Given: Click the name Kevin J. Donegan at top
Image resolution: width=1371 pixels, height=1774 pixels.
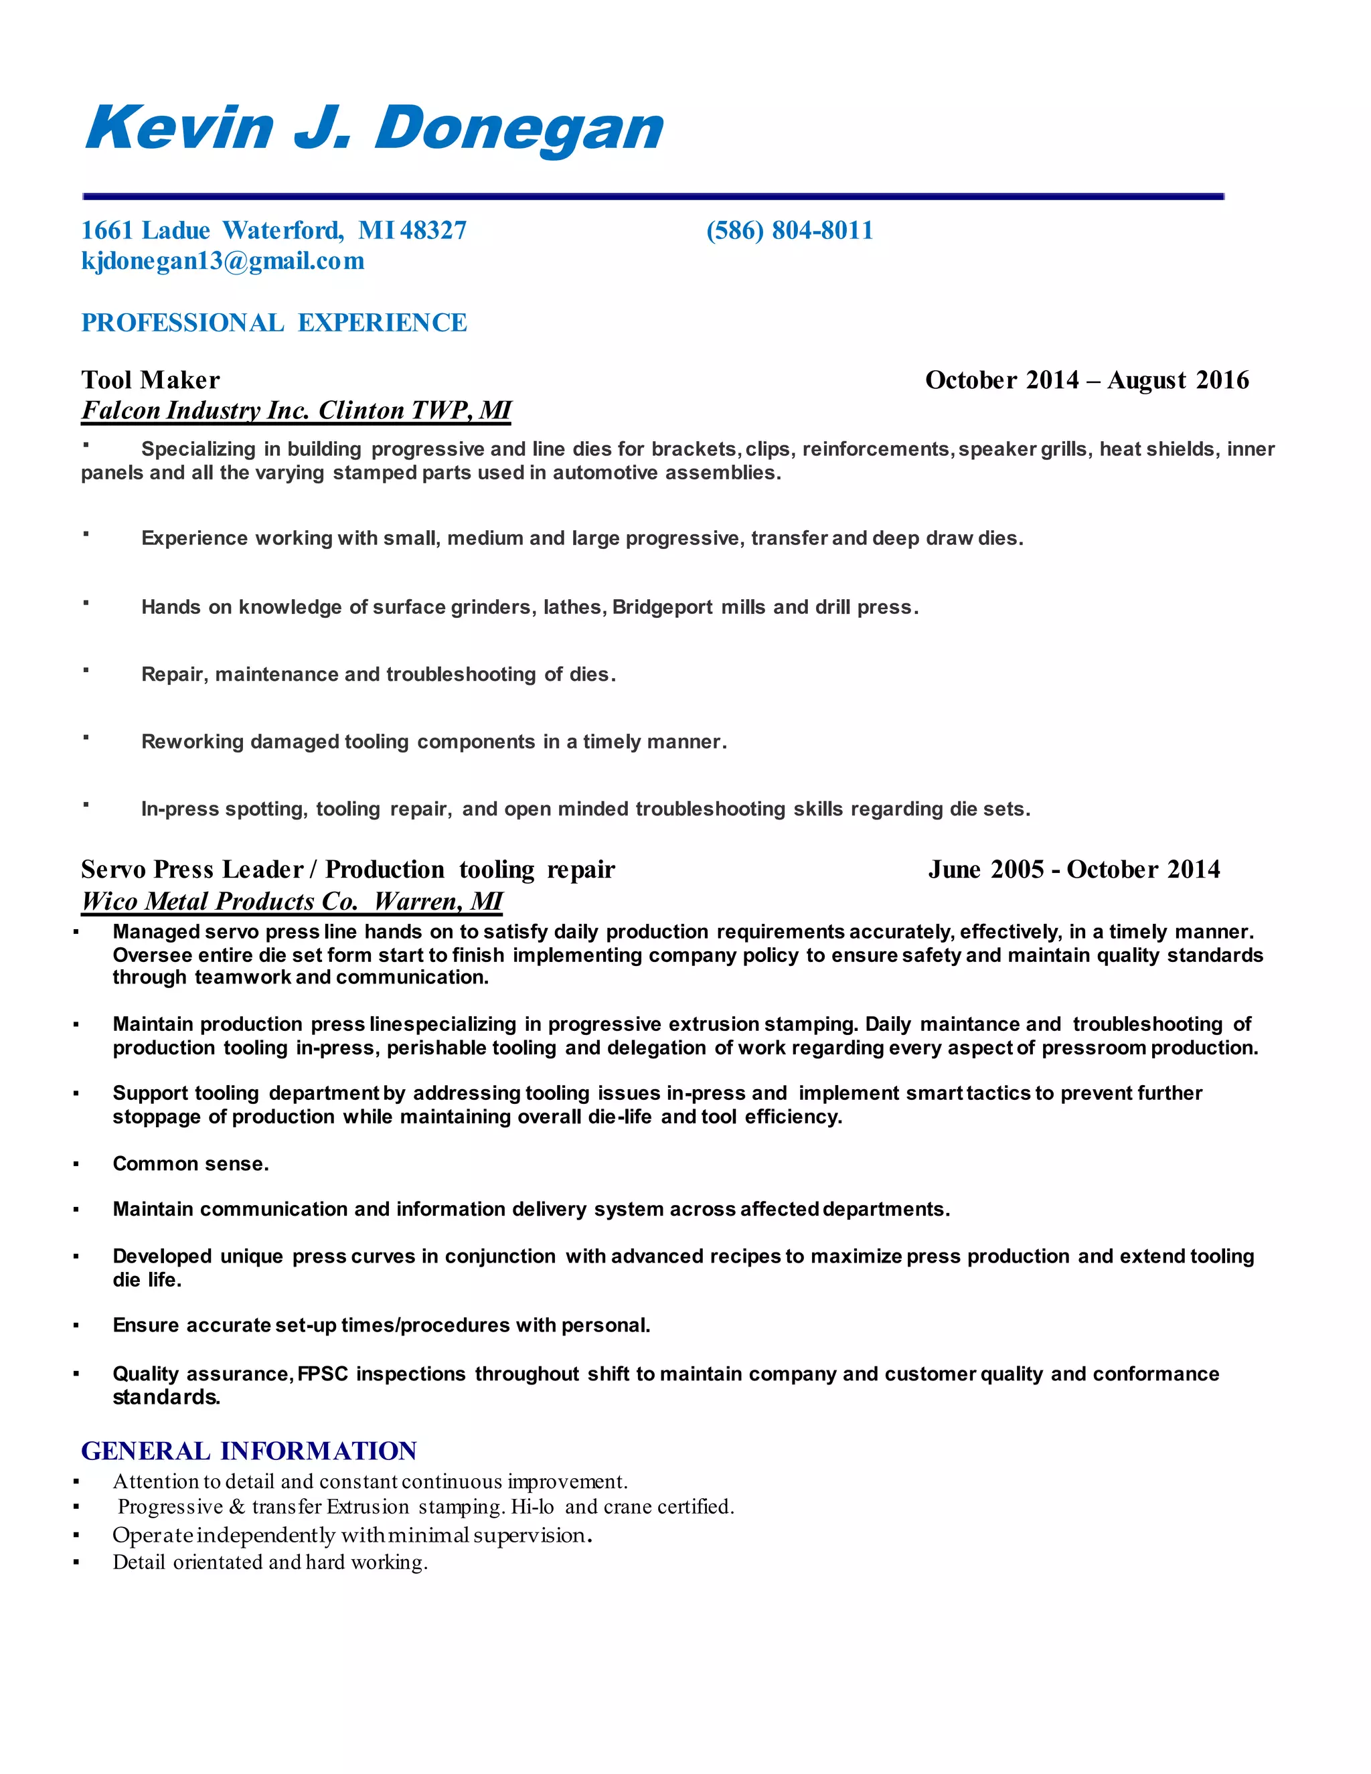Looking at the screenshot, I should pyautogui.click(x=374, y=129).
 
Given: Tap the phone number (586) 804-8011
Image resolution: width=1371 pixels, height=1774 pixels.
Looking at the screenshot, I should pyautogui.click(x=789, y=231).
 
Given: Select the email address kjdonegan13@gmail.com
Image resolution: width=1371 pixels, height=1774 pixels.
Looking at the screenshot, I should pyautogui.click(x=222, y=262).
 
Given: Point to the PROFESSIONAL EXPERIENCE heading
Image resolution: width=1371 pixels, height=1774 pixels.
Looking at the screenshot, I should pyautogui.click(x=274, y=323).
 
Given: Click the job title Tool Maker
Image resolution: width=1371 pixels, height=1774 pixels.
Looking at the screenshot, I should pyautogui.click(x=150, y=380).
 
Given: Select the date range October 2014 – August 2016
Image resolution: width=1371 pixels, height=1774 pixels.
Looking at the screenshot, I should pyautogui.click(x=1086, y=380).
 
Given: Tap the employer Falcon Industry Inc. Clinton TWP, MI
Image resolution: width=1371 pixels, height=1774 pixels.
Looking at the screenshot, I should pyautogui.click(x=296, y=411).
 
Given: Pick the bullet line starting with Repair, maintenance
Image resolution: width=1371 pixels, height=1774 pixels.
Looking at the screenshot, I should pyautogui.click(x=378, y=675).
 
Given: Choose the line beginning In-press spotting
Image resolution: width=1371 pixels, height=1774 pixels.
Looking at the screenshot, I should pyautogui.click(x=585, y=809).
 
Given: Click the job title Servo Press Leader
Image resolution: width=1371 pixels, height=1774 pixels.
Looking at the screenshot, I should pyautogui.click(x=191, y=870).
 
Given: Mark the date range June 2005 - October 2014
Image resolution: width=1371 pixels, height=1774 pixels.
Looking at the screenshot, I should pyautogui.click(x=1074, y=870).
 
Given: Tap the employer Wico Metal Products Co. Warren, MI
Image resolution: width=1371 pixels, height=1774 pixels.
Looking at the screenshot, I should pyautogui.click(x=292, y=902).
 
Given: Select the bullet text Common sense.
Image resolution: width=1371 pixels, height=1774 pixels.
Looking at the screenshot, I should pyautogui.click(x=191, y=1164).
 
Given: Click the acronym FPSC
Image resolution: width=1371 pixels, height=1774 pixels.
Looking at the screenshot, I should pyautogui.click(x=323, y=1374).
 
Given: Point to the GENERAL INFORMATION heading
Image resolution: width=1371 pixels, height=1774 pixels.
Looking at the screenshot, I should pyautogui.click(x=248, y=1451).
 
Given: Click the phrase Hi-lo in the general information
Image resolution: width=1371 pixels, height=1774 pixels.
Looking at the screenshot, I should pyautogui.click(x=532, y=1508).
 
